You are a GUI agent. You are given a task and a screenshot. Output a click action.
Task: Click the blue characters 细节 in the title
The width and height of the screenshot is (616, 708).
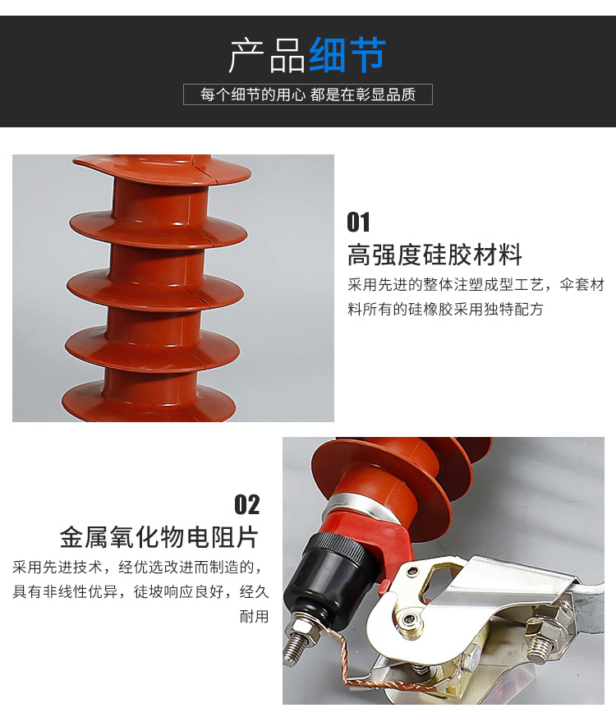tap(347, 55)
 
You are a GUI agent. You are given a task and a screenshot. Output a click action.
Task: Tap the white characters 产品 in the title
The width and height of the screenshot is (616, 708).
tap(268, 55)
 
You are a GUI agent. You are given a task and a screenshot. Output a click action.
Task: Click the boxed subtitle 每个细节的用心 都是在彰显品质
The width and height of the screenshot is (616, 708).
tap(307, 94)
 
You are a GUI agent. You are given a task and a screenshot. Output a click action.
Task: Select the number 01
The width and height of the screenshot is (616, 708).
tap(358, 222)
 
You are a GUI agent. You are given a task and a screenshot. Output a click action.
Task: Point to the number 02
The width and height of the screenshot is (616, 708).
tap(247, 504)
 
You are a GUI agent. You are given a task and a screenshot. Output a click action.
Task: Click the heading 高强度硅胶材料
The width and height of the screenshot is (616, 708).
tap(435, 255)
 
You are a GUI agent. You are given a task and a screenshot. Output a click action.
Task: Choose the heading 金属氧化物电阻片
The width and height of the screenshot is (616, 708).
tap(159, 537)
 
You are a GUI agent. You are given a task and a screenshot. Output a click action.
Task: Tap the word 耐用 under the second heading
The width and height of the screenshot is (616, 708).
tap(255, 616)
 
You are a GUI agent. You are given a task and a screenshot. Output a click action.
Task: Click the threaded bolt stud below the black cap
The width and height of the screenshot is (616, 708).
tap(297, 641)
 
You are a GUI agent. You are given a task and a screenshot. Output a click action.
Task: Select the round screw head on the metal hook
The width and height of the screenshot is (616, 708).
tap(408, 619)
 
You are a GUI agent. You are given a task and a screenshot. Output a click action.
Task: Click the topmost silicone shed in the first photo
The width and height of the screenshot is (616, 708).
tap(162, 170)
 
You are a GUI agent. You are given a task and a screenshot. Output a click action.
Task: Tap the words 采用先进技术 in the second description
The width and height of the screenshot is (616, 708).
tap(57, 566)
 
